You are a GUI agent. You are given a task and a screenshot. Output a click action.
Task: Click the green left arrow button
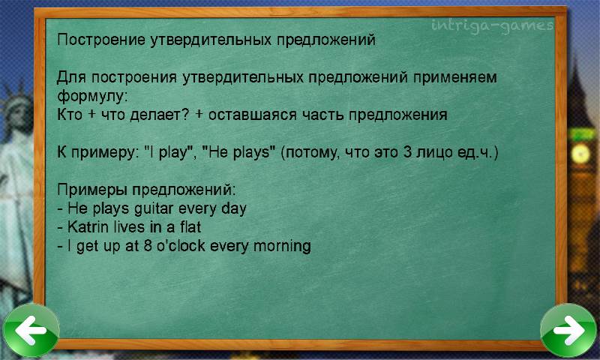31,330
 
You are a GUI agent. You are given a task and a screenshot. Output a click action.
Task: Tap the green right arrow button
568,330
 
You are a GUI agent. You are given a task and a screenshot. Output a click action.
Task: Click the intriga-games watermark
492,26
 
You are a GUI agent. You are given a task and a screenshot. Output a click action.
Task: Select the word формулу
91,96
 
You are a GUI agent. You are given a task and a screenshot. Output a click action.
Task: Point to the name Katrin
88,226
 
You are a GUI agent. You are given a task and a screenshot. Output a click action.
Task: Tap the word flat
190,226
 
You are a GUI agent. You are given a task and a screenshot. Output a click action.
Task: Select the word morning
282,246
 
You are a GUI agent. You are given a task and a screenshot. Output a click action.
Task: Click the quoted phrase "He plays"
238,153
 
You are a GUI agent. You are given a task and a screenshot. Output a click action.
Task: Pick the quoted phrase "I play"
169,153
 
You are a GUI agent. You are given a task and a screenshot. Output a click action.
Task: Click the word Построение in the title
101,40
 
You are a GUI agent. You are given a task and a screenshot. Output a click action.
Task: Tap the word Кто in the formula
70,115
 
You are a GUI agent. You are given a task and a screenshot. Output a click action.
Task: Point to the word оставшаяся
252,115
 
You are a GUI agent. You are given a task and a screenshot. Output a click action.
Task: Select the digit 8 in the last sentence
148,245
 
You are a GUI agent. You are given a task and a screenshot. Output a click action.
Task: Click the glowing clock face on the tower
581,154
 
